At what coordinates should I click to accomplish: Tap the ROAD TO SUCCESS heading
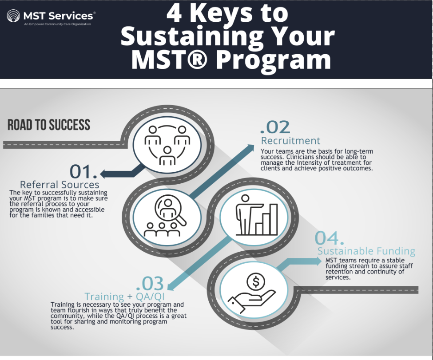[49, 125]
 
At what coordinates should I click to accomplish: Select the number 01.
[83, 172]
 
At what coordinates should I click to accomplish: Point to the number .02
[275, 127]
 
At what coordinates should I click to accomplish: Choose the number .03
[150, 283]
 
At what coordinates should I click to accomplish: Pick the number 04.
[330, 238]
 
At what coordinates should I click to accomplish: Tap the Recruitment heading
[290, 141]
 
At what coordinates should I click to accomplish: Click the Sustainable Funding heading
[366, 251]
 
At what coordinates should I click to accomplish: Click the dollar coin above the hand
[255, 281]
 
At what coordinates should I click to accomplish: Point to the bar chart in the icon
[265, 220]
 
